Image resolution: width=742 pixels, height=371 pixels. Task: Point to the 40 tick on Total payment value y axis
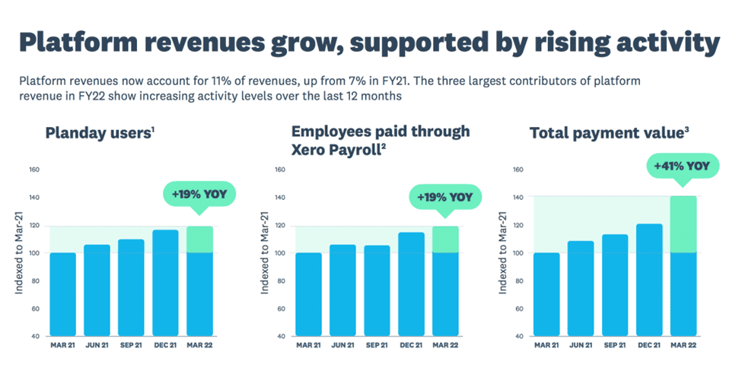(519, 336)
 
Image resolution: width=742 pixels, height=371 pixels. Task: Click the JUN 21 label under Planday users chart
(98, 346)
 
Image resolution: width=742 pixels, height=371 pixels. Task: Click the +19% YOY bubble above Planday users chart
(199, 194)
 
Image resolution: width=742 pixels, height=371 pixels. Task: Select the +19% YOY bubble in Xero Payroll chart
(445, 197)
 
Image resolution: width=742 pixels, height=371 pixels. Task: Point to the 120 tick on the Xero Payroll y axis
(279, 226)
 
